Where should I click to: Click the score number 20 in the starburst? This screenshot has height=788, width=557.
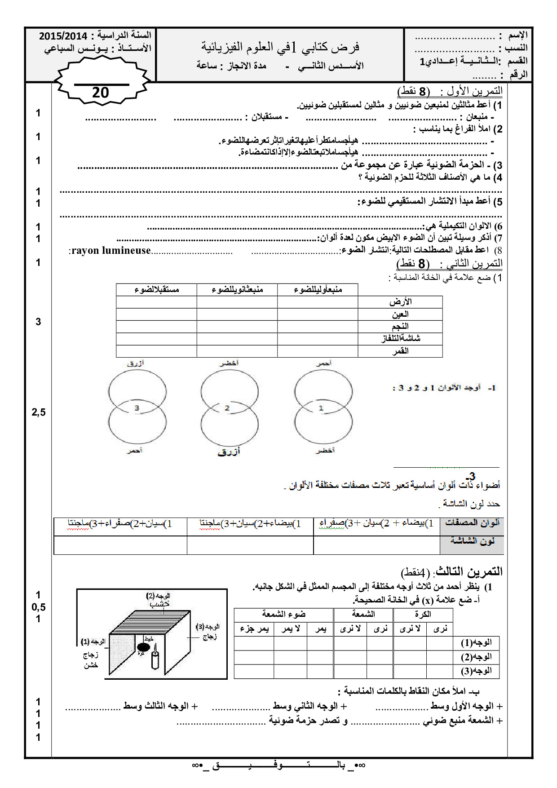point(101,93)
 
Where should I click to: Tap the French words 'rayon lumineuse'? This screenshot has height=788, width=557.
point(111,251)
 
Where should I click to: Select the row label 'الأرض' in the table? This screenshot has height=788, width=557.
point(400,302)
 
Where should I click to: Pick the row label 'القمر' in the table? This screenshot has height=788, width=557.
point(400,351)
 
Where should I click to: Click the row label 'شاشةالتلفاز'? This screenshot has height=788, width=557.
point(401,339)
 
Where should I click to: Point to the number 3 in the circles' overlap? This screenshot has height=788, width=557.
point(137,408)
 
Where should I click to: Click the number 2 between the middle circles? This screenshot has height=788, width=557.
point(227,408)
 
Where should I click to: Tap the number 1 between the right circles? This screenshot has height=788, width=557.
point(321,408)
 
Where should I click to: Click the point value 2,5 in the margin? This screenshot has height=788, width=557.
point(39,412)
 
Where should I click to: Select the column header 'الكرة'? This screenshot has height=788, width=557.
point(423,615)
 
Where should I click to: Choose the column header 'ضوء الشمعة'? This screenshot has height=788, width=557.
point(283,615)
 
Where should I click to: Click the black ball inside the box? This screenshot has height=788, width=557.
point(143,647)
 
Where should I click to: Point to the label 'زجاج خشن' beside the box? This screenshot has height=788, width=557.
point(91,660)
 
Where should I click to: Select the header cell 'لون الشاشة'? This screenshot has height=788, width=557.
point(472,541)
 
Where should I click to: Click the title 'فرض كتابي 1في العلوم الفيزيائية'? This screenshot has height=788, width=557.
point(280,47)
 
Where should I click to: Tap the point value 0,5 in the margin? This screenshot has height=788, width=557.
point(39,607)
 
